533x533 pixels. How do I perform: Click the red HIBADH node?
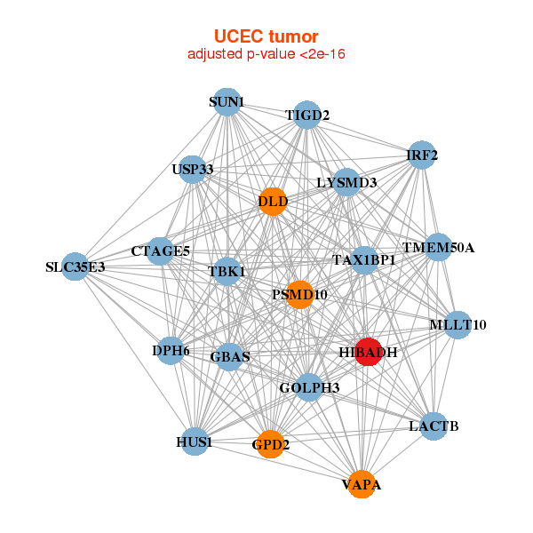tap(368, 352)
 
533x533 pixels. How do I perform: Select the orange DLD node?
tap(273, 202)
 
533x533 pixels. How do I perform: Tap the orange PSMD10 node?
tap(299, 294)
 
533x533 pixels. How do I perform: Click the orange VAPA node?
tap(361, 484)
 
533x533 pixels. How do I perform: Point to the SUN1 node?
tap(227, 102)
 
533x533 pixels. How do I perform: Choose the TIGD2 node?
tap(307, 115)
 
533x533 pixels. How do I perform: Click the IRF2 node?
tap(422, 155)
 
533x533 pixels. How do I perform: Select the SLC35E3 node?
tap(76, 266)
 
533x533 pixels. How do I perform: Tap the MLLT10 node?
tap(457, 325)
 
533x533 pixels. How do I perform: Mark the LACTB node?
tap(434, 426)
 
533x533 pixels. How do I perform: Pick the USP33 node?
tap(193, 169)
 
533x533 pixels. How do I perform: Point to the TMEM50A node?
tap(438, 247)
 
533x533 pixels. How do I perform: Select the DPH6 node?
tap(171, 351)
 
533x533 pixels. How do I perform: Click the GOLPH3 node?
tap(309, 387)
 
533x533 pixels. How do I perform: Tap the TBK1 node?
tap(227, 271)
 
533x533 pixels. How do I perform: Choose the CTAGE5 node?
tap(161, 251)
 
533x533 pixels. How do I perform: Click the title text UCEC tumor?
tap(266, 36)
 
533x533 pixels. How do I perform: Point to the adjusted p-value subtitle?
tap(266, 54)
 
